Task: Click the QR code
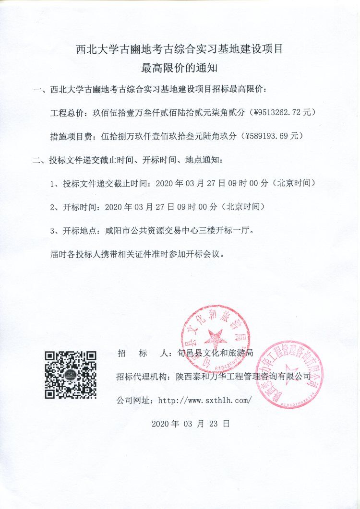click(71, 375)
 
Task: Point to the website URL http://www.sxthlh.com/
click(204, 400)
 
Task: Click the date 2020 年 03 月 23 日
click(191, 424)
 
